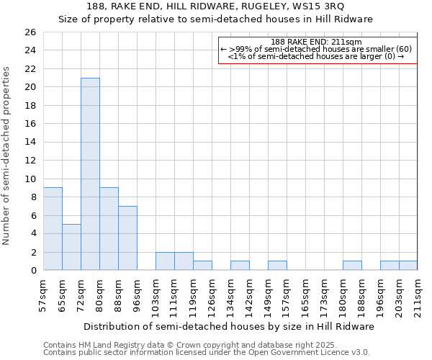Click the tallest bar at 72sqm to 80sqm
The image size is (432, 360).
coord(90,174)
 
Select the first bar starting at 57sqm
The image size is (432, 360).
coord(53,228)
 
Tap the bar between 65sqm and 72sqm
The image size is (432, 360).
coord(71,247)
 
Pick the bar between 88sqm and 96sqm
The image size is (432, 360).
coord(127,238)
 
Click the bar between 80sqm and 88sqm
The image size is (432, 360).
coord(109,228)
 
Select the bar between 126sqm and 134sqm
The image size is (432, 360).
coord(202,266)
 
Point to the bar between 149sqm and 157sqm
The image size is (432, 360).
coord(277,266)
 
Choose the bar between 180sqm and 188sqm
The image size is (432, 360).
coord(352,266)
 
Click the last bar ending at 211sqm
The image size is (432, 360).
coord(408,266)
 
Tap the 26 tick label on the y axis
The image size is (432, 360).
coord(30,32)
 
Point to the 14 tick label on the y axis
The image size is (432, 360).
coord(30,142)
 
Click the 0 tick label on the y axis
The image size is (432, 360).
coord(33,270)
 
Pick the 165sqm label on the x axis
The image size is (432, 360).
coord(305,292)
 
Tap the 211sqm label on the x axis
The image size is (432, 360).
coord(418,292)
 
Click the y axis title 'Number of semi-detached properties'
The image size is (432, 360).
coord(7,156)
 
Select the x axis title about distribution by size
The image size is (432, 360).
coord(229,326)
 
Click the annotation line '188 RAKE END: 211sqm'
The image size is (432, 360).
coord(317,42)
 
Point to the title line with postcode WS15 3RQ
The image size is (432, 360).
coord(215,6)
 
